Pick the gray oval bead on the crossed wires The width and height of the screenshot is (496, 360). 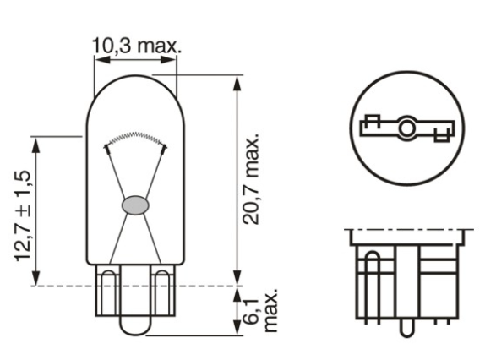tap(135, 205)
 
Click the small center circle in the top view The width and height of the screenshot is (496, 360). tap(406, 128)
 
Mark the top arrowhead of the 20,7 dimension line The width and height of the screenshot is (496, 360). tap(237, 81)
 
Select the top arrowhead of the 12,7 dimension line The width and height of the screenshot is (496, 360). tap(35, 141)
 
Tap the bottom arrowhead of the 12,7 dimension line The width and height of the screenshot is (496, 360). tap(35, 280)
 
